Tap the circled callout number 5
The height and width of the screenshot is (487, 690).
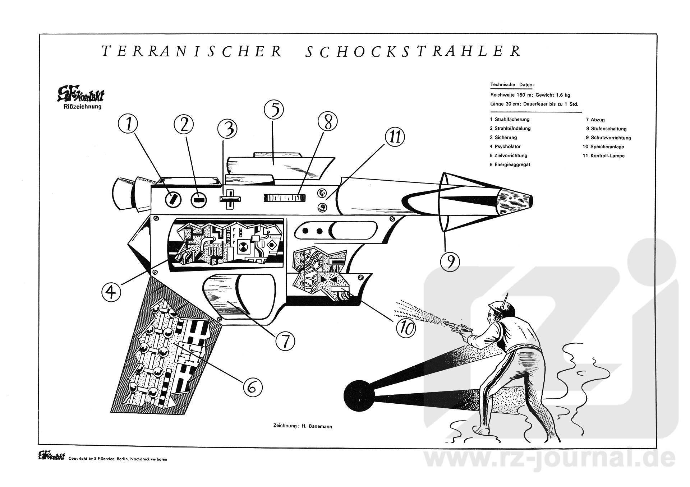[273, 110]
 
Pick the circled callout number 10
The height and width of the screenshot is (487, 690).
[405, 328]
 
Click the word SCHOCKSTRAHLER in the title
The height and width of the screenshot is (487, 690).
[413, 51]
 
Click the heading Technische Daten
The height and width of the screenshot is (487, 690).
[512, 85]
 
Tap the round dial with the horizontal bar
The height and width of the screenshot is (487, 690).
[199, 199]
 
